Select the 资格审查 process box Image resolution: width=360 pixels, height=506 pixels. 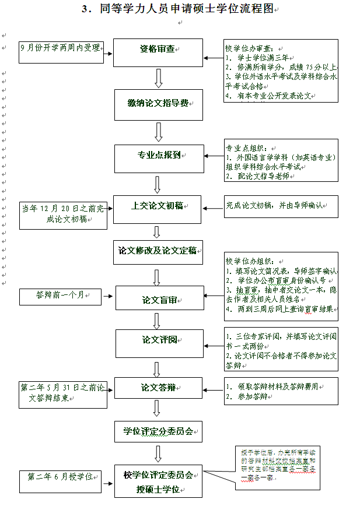coord(158,50)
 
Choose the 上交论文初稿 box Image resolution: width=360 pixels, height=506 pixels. coord(158,206)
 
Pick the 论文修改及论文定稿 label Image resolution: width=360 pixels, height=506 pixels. coord(158,251)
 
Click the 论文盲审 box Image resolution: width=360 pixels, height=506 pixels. coord(159,301)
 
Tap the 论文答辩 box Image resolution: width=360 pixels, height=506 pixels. coord(159,388)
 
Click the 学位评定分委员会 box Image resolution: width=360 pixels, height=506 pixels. coord(158,432)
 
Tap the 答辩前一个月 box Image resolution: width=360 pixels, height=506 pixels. coord(60,296)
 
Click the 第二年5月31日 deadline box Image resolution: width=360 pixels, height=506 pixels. coord(62,392)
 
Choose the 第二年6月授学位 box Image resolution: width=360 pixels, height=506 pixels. coord(60,477)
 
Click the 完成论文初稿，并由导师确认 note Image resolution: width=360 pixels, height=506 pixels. coord(282,206)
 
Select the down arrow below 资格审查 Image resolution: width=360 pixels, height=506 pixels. coord(158,78)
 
